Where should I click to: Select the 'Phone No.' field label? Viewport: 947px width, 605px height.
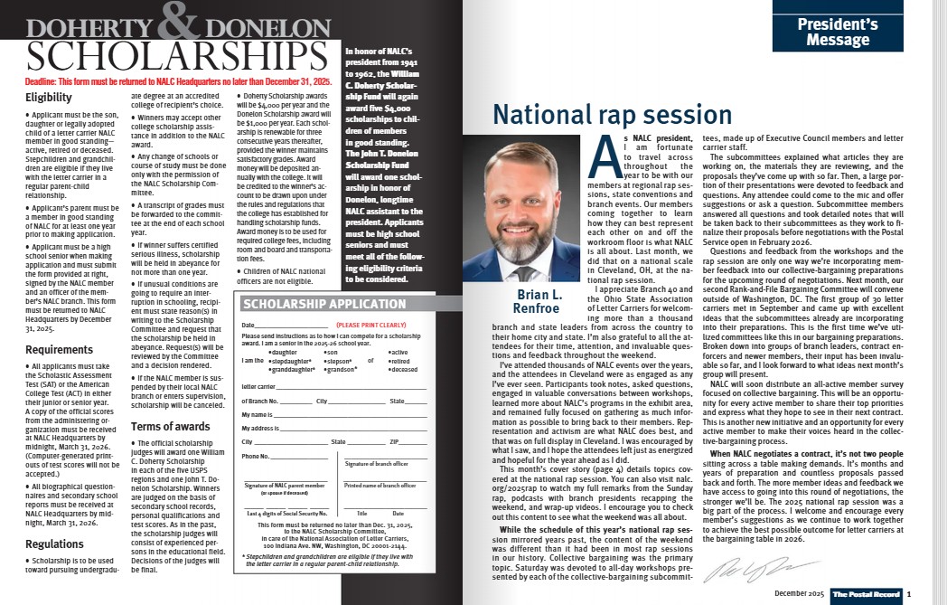(x=256, y=456)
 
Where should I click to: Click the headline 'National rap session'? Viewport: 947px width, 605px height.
(x=612, y=115)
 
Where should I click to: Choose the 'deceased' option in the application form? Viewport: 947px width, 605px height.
(x=405, y=369)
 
